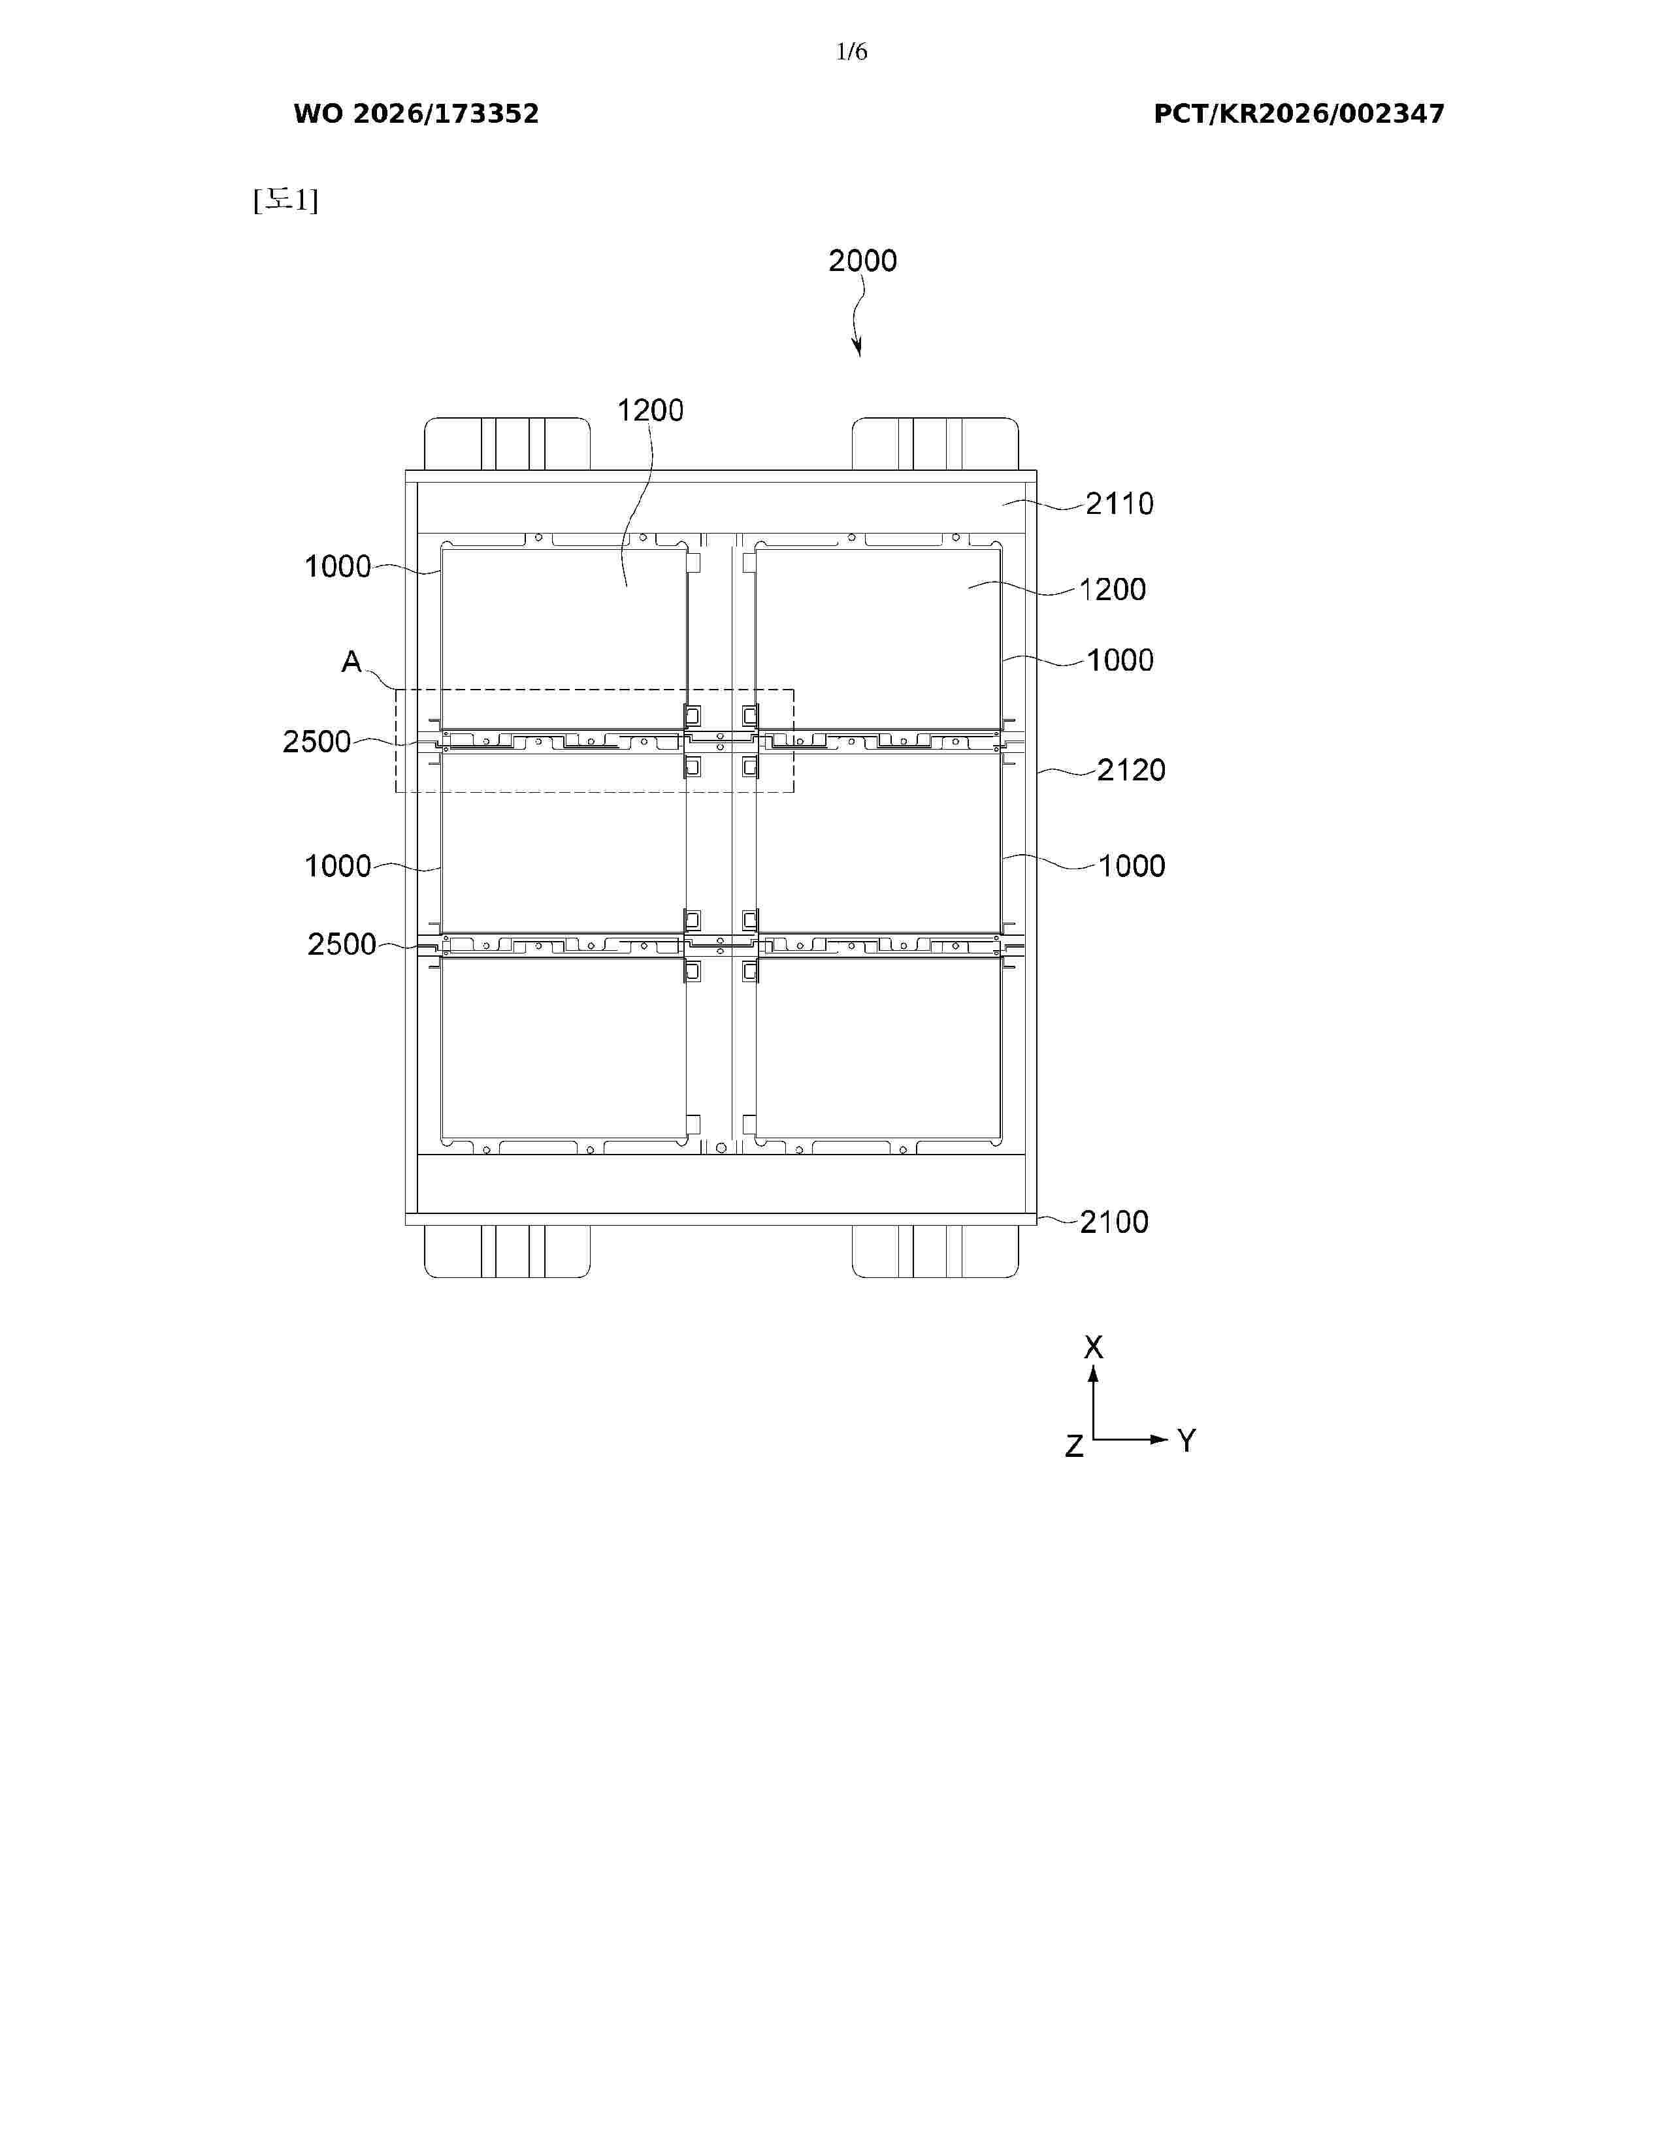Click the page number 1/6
pos(851,52)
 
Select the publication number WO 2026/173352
pos(417,114)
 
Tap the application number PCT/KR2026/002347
pos(1299,114)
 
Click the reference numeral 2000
pos(862,261)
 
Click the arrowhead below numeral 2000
pos(858,347)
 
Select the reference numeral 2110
pos(1119,504)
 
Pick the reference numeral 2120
pos(1131,770)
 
